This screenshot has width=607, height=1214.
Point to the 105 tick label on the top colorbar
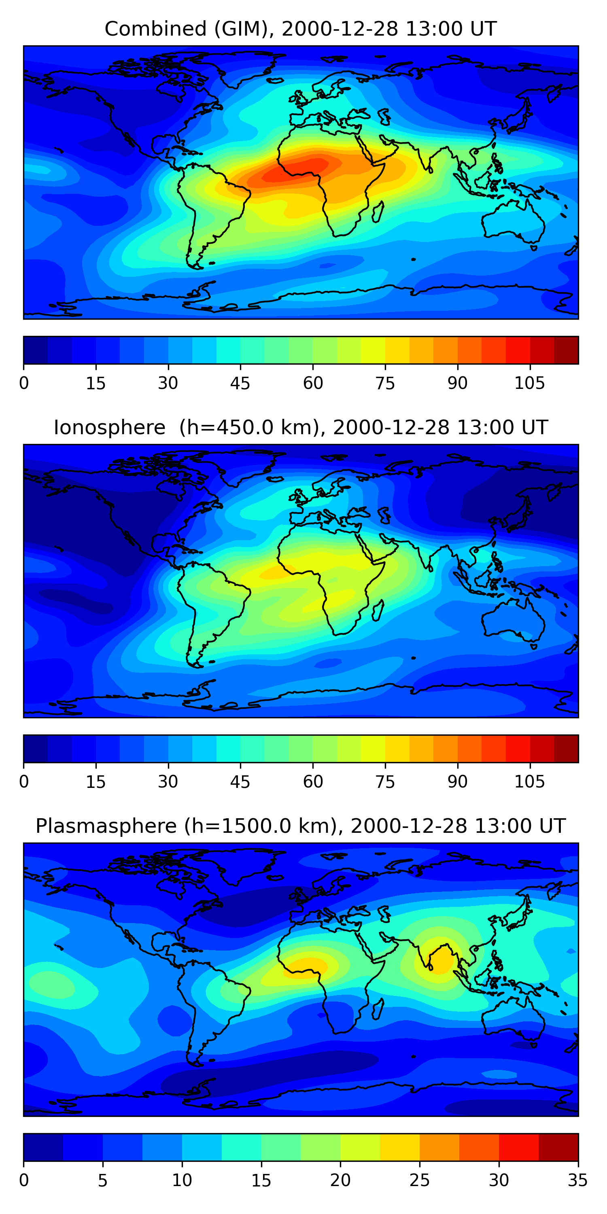(529, 384)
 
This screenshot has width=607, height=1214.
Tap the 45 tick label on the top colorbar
(240, 384)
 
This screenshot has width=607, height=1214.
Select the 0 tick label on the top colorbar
(24, 384)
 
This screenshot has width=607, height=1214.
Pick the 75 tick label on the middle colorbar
(385, 782)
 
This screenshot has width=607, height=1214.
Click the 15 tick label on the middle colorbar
(96, 782)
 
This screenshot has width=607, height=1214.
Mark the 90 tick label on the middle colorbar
(457, 782)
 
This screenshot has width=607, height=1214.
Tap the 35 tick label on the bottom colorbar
(577, 1180)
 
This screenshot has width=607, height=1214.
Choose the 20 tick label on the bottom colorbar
(340, 1180)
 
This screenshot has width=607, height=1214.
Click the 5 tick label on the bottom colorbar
(103, 1180)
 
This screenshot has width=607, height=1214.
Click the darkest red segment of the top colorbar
(566, 350)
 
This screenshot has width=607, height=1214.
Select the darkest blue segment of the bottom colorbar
(43, 1147)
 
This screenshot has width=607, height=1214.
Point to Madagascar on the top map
(378, 212)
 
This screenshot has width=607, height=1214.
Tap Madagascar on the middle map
(378, 611)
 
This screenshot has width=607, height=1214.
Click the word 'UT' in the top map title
(483, 29)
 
